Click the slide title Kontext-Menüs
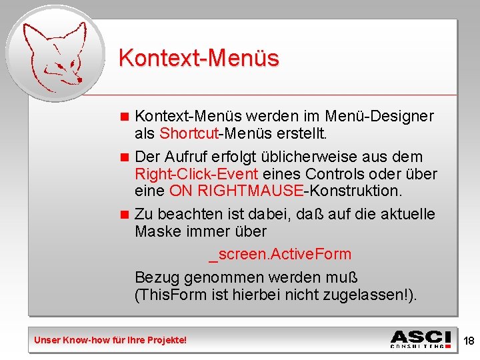pyautogui.click(x=199, y=58)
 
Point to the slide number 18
pyautogui.click(x=469, y=341)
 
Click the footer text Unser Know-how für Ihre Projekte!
pyautogui.click(x=111, y=341)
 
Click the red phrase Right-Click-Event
pyautogui.click(x=196, y=174)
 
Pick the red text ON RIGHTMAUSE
pyautogui.click(x=236, y=191)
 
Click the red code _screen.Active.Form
pyautogui.click(x=280, y=254)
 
